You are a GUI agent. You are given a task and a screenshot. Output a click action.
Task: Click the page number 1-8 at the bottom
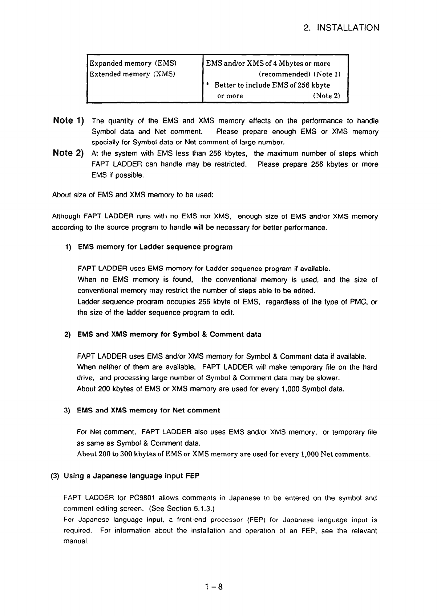[213, 587]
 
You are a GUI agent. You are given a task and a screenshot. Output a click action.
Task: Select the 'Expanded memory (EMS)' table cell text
[133, 63]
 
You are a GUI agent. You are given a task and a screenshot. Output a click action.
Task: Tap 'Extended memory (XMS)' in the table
[133, 74]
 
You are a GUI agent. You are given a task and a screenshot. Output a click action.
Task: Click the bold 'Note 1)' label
[69, 120]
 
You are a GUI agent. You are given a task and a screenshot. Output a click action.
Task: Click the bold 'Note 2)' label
[69, 153]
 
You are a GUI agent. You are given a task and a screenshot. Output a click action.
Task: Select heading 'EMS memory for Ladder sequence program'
[155, 247]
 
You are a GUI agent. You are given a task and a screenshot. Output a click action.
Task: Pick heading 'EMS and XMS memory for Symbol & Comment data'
[169, 334]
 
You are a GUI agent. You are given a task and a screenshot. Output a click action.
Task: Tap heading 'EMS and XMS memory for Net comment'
[148, 410]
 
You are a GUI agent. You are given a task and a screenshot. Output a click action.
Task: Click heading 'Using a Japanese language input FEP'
[131, 476]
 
